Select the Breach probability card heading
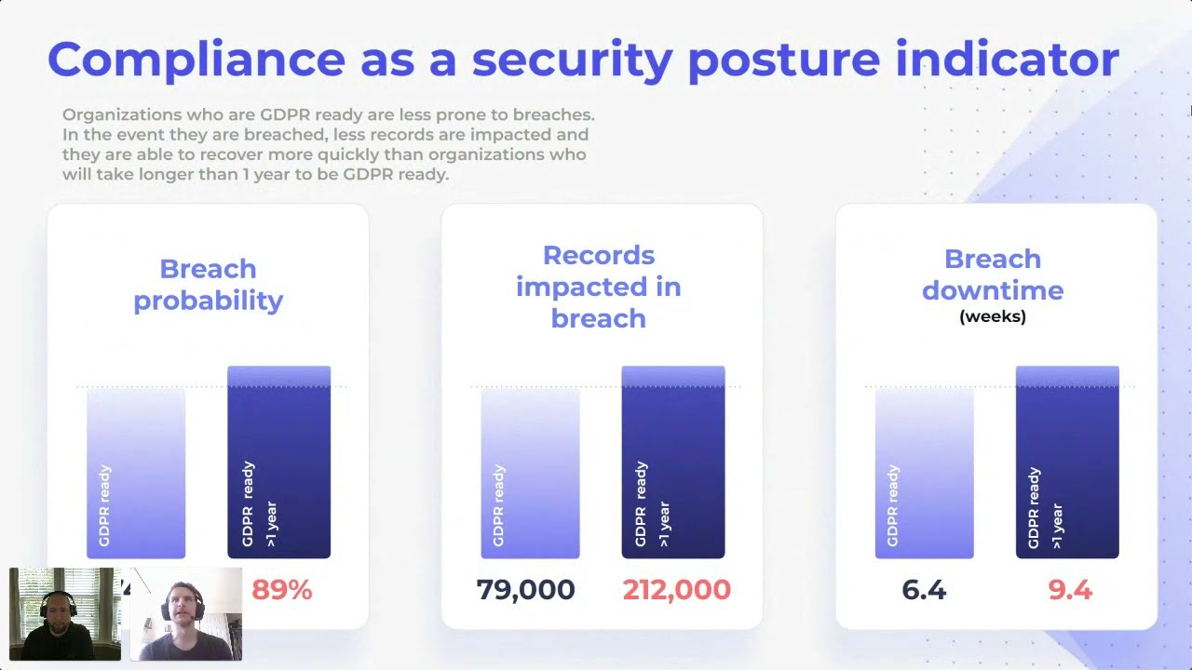208,285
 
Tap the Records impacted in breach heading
598,287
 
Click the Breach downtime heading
993,275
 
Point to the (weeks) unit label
993,316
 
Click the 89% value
281,590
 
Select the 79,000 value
525,590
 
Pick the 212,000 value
676,590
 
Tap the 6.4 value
924,590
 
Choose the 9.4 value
1069,590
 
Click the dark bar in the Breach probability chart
278,462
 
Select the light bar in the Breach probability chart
136,473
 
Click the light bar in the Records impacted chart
530,473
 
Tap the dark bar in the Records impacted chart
672,462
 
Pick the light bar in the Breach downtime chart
924,473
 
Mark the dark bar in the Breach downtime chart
1067,462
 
